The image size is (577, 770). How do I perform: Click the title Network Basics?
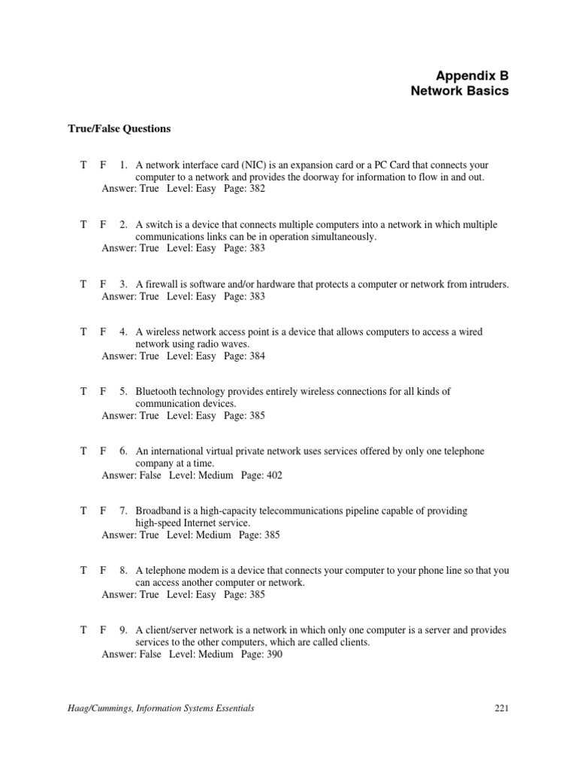click(459, 91)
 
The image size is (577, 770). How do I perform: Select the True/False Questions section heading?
click(119, 129)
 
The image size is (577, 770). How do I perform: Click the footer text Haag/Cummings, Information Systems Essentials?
click(161, 708)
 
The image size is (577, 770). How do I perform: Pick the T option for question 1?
click(85, 165)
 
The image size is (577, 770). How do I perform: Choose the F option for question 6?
click(104, 451)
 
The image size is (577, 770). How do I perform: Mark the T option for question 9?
click(85, 630)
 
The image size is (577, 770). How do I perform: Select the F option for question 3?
click(104, 284)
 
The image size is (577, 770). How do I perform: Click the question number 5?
click(122, 392)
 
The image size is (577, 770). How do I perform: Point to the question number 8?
click(122, 571)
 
